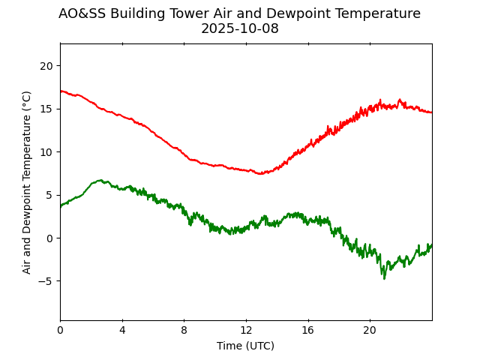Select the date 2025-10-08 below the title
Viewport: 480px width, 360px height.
(x=239, y=28)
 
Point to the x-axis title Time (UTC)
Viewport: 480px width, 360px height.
(x=245, y=346)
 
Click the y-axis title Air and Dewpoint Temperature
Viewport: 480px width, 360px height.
(x=27, y=181)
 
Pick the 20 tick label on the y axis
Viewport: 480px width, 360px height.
(x=46, y=66)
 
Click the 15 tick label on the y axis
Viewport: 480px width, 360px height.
(x=46, y=109)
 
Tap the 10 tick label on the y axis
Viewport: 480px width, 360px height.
(x=46, y=152)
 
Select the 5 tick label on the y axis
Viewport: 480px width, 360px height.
(x=49, y=196)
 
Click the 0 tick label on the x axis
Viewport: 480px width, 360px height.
(x=60, y=330)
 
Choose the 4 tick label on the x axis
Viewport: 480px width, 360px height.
(x=122, y=330)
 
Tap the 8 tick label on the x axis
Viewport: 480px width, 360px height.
(x=184, y=330)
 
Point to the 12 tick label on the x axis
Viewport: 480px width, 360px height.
(x=246, y=330)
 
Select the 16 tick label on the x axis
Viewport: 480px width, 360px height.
(x=307, y=330)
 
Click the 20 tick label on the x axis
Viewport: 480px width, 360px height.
(x=370, y=330)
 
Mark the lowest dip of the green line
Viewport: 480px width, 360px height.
(x=385, y=278)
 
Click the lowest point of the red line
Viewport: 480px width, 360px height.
(x=260, y=174)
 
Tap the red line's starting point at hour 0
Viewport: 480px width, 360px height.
(x=61, y=91)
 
